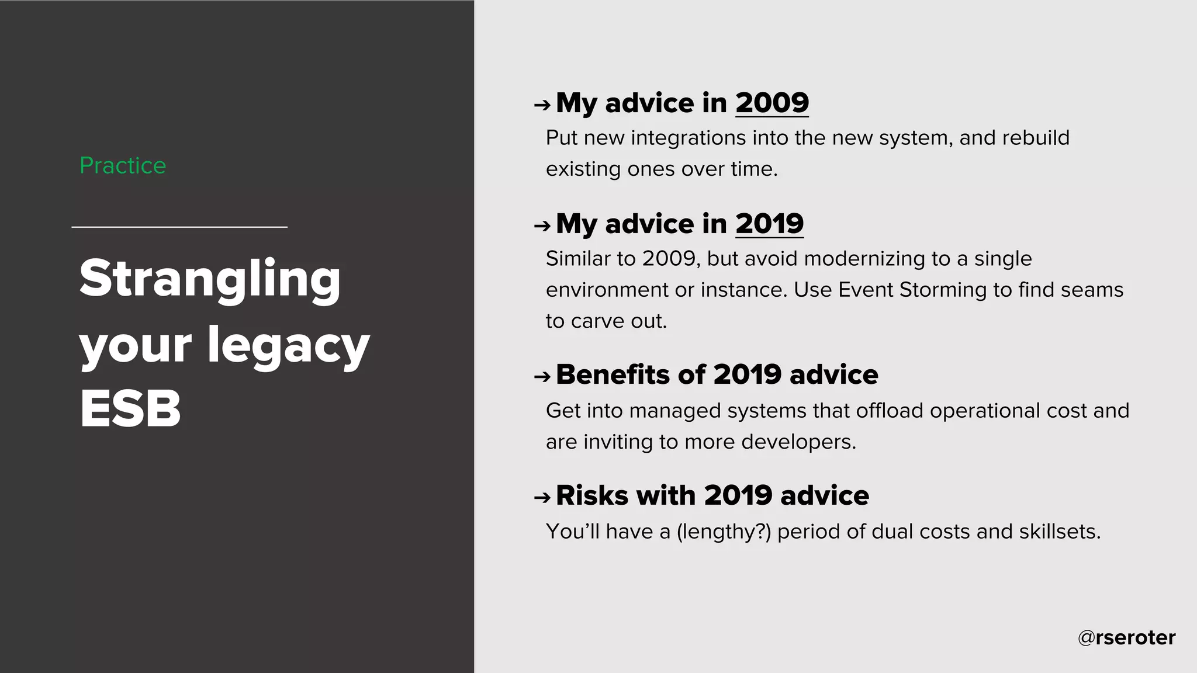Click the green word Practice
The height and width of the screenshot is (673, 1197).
click(x=123, y=166)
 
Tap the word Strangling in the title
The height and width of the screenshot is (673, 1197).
click(x=210, y=279)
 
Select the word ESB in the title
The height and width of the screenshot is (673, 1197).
click(x=130, y=409)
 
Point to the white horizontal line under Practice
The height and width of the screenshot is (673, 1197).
click(x=179, y=227)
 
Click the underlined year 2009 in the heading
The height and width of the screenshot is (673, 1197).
click(x=772, y=103)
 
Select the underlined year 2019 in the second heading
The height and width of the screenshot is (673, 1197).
click(x=769, y=224)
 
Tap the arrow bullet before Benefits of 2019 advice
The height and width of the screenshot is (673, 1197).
click(x=542, y=377)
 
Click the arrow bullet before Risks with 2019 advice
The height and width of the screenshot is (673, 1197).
click(x=542, y=498)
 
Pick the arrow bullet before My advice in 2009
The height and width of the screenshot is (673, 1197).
click(x=542, y=105)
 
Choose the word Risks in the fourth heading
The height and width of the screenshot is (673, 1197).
click(x=592, y=495)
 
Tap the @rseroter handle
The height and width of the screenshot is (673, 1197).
click(x=1126, y=637)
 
